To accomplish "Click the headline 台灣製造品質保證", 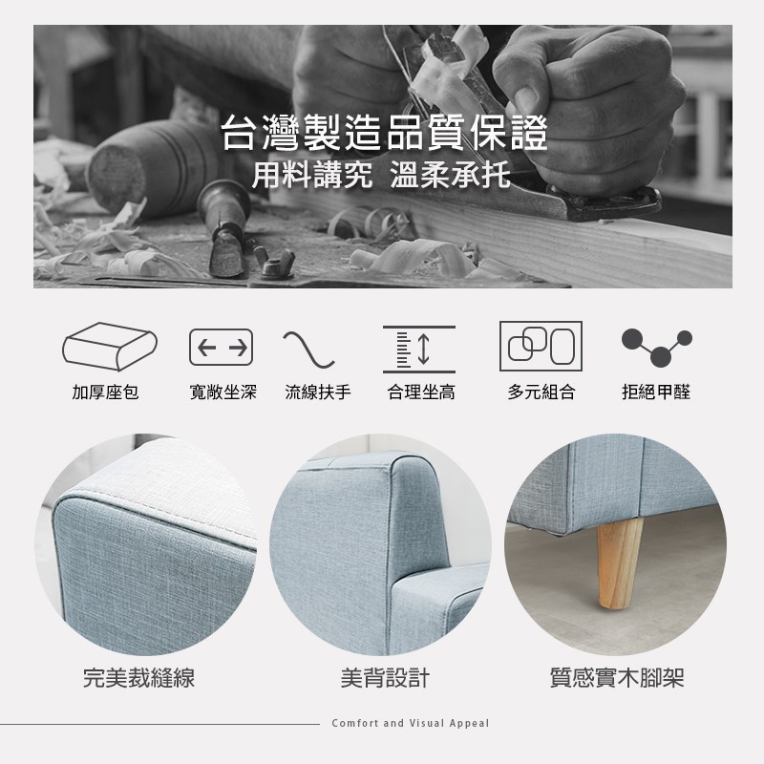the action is (x=385, y=133).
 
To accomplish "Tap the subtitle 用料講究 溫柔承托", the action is (x=381, y=175).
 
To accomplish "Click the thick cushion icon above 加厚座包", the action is (x=110, y=347).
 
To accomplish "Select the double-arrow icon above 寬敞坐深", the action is (x=221, y=348).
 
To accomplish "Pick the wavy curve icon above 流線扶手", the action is (x=308, y=350).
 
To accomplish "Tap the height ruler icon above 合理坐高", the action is (x=419, y=350).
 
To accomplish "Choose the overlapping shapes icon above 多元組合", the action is (x=541, y=346).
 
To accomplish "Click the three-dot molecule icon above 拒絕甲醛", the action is (x=657, y=347).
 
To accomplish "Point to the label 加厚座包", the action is (x=106, y=392).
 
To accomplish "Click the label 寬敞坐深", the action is (x=223, y=392).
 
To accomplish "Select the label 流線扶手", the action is (x=318, y=392).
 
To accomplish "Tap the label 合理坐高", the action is (x=421, y=392).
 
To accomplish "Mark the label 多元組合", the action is (x=541, y=392).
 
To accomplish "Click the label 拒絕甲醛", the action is (x=656, y=392).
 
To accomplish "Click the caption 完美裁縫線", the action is (x=138, y=678).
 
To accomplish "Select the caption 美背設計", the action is (x=385, y=678).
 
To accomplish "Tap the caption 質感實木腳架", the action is (x=617, y=678).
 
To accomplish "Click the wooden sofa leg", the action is (x=619, y=563).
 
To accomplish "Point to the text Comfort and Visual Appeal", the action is (x=411, y=723).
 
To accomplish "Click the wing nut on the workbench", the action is (x=274, y=264).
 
